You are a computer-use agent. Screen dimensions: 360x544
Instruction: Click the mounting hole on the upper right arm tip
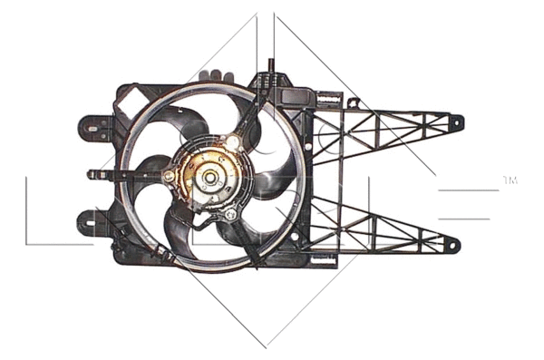455,121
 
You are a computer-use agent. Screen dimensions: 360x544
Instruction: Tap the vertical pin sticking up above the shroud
271,68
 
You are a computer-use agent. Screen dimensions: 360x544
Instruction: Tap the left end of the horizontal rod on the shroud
92,173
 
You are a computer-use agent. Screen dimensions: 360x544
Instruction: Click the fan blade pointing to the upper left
170,119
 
